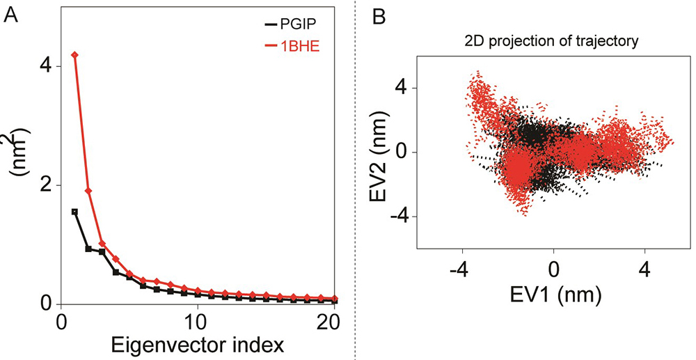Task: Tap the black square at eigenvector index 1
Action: pyautogui.click(x=74, y=211)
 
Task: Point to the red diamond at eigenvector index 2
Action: pyautogui.click(x=88, y=191)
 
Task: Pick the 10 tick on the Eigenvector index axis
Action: pyautogui.click(x=198, y=323)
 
